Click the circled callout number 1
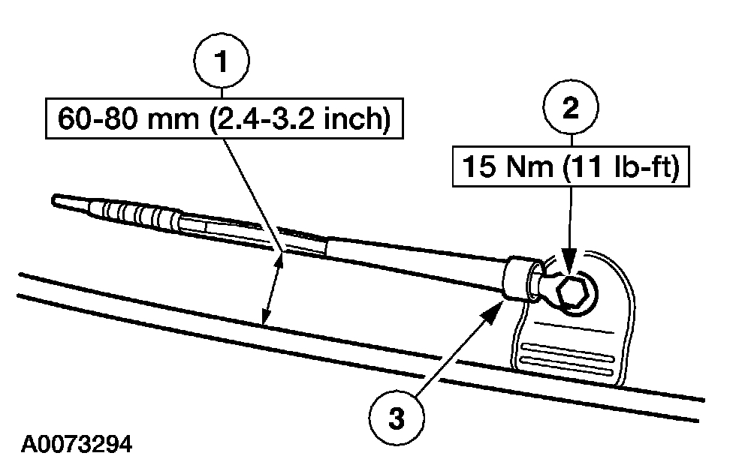tap(222, 63)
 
